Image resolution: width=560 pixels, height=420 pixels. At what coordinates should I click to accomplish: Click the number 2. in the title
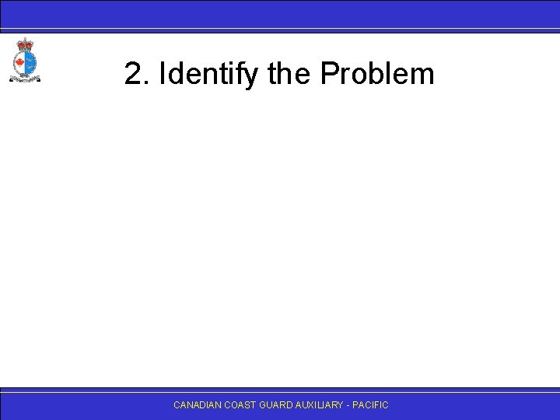point(137,75)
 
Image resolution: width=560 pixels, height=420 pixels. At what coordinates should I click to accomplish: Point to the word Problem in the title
point(376,75)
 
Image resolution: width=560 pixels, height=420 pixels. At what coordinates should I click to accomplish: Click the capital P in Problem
point(328,75)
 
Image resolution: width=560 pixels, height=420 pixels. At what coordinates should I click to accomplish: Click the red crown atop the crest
point(25,44)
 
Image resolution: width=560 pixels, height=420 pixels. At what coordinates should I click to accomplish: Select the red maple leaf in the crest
point(20,61)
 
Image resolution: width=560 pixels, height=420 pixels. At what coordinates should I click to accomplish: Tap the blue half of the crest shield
point(30,61)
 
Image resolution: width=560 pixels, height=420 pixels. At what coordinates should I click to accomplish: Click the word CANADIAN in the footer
point(198,405)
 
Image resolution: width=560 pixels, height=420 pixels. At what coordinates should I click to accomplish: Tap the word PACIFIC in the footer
point(373,405)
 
